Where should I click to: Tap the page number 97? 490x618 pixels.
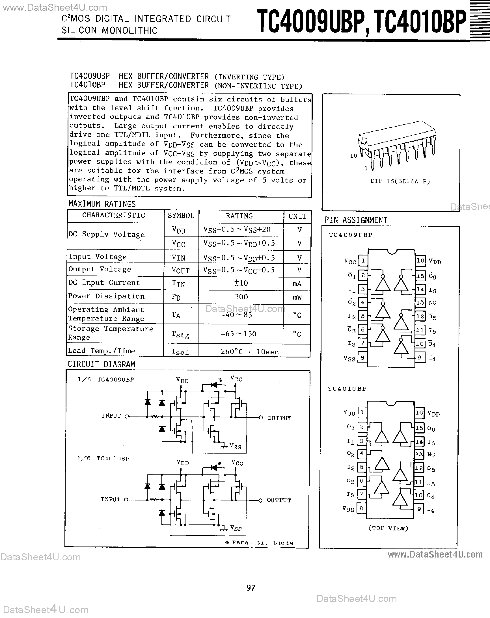251,588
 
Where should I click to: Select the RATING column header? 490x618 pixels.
239,216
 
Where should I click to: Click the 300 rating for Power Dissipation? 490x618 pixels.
241,297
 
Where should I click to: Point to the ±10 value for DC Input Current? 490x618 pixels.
241,283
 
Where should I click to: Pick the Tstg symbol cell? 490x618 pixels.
180,334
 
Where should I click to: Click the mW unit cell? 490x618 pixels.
297,297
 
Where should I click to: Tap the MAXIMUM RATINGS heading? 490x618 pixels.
102,204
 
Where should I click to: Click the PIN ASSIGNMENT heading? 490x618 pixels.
356,220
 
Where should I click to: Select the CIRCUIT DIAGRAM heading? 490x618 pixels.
101,364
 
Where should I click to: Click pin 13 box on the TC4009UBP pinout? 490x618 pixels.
420,302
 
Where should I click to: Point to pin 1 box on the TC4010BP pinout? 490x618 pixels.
362,412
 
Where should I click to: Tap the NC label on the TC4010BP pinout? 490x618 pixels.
431,455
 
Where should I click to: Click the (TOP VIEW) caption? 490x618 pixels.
388,528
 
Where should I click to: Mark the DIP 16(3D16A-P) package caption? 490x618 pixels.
400,181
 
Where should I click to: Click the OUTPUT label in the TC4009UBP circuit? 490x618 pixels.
279,418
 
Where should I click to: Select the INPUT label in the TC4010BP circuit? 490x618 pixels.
111,499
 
